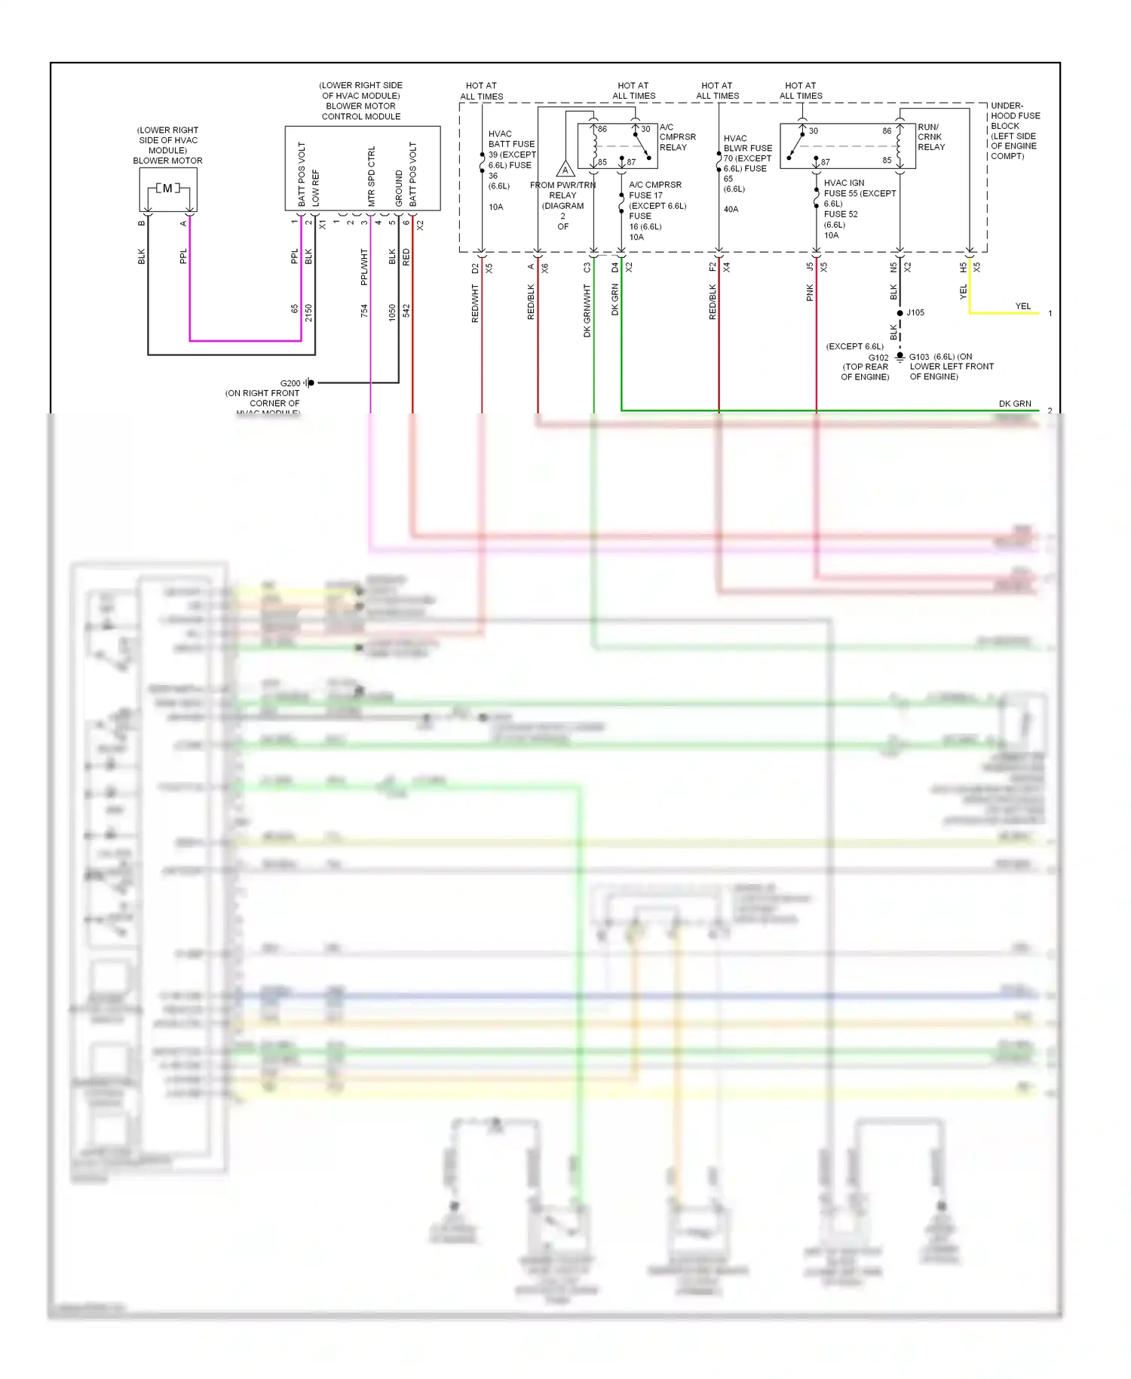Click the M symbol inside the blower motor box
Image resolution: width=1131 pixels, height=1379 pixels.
point(167,188)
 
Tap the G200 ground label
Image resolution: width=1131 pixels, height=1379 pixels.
point(290,383)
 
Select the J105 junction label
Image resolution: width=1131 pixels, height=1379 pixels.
point(915,312)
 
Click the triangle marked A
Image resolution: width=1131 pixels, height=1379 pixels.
point(565,169)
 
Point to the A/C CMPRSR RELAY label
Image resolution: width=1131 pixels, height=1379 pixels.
point(677,137)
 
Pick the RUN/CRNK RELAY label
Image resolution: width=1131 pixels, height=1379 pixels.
point(931,137)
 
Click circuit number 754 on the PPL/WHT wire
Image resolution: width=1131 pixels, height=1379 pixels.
point(364,310)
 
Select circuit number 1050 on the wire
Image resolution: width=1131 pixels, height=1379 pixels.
point(392,312)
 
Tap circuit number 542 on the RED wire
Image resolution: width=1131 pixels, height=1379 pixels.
point(406,310)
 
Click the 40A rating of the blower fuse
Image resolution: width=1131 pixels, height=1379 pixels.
point(731,209)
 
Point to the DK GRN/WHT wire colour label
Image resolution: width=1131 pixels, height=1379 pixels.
point(587,310)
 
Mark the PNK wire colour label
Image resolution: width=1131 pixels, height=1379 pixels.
point(810,293)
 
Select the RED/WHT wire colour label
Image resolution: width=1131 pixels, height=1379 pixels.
point(475,303)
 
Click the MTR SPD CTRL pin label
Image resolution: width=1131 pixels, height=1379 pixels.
point(371,177)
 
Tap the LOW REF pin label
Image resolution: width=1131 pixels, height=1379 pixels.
point(315,187)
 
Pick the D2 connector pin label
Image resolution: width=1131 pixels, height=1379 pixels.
point(475,268)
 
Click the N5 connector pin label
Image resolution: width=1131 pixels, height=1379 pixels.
point(893,267)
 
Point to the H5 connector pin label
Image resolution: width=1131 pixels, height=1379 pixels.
point(963,267)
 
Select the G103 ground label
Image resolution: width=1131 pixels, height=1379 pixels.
point(919,357)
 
